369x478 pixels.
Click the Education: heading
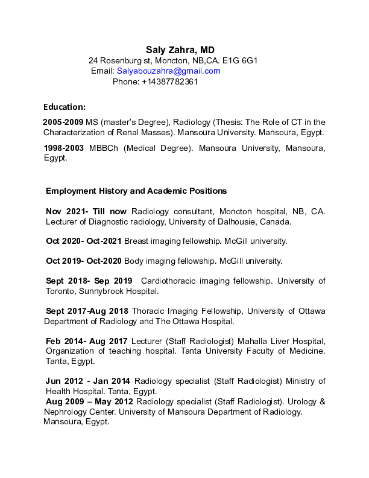pyautogui.click(x=65, y=107)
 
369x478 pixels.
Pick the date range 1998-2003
pyautogui.click(x=64, y=148)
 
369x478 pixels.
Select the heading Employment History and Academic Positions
pyautogui.click(x=136, y=191)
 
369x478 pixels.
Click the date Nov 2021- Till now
pyautogui.click(x=86, y=211)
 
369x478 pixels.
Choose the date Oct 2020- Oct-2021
pyautogui.click(x=84, y=241)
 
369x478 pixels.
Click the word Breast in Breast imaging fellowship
pyautogui.click(x=136, y=241)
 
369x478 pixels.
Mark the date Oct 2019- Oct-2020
pyautogui.click(x=84, y=261)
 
